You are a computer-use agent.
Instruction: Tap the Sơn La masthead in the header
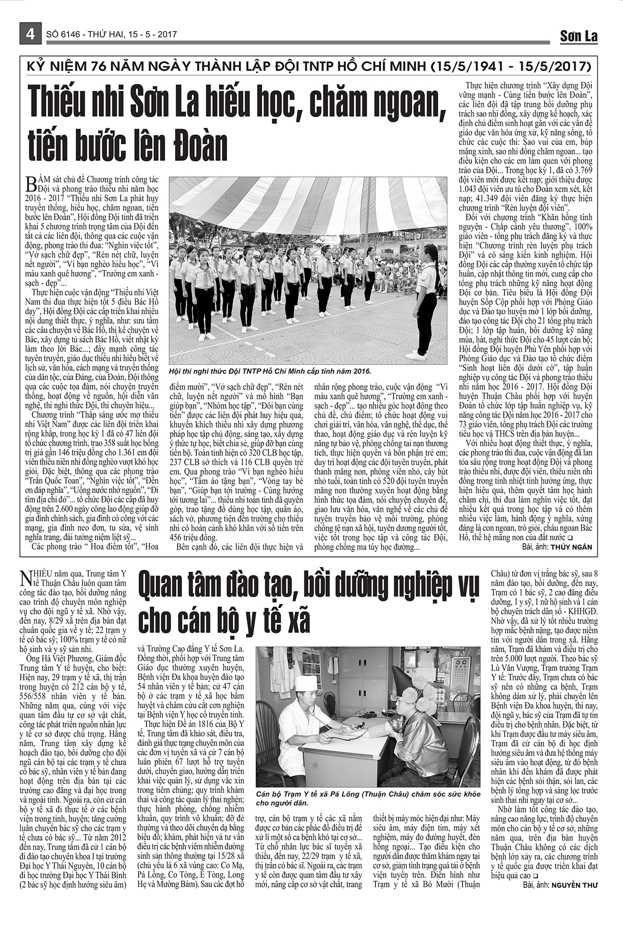point(578,36)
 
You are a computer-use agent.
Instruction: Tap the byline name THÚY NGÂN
point(572,547)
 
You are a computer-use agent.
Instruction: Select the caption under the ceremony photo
point(270,372)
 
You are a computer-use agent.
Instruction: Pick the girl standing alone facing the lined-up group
point(426,301)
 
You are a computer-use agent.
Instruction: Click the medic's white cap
point(306,683)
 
